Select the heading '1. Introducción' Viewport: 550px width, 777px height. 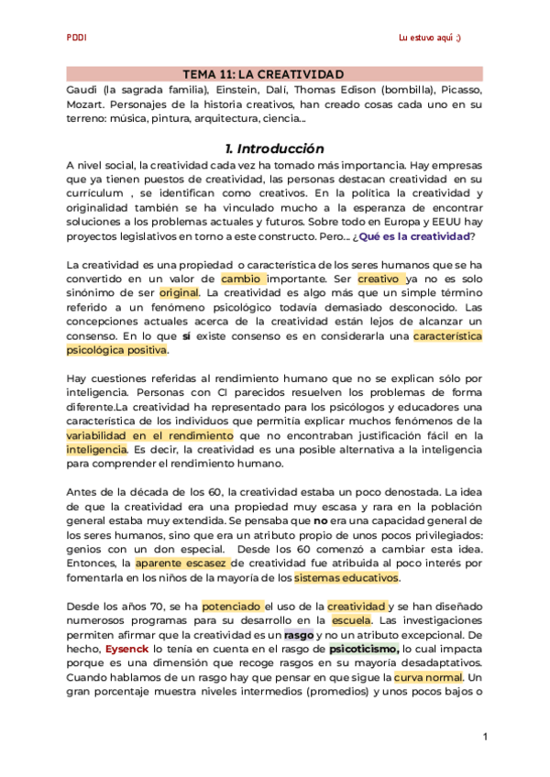tap(274, 148)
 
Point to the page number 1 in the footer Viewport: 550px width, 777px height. tap(485, 737)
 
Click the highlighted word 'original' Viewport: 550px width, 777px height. tap(179, 292)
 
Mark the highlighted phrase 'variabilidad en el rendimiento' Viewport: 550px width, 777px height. tap(150, 435)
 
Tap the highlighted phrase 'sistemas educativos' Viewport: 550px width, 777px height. tap(346, 578)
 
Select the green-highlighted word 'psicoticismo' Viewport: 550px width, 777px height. tap(363, 648)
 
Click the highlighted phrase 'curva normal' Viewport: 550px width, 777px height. tap(428, 677)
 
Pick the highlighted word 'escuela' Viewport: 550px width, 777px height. tap(352, 620)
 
